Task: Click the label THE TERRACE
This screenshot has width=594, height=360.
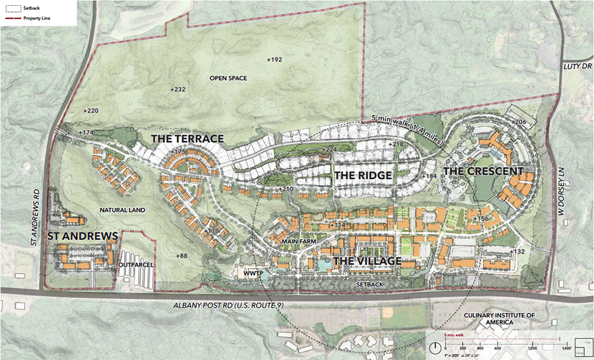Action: tap(187, 139)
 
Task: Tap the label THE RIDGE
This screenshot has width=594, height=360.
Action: tap(363, 176)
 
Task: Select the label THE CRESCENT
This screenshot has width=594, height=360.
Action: tap(483, 171)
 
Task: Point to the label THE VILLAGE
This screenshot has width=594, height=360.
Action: tap(367, 261)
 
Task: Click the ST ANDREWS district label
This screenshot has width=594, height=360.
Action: tap(82, 235)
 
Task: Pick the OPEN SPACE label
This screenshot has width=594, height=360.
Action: tap(228, 79)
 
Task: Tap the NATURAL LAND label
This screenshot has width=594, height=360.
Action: tap(122, 210)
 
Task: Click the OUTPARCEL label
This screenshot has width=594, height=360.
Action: tap(135, 266)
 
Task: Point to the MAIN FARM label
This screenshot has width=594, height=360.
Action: tap(300, 242)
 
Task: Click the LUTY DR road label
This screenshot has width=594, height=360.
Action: tap(578, 67)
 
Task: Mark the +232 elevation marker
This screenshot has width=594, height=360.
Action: tap(178, 89)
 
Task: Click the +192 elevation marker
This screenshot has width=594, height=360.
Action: tap(274, 59)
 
